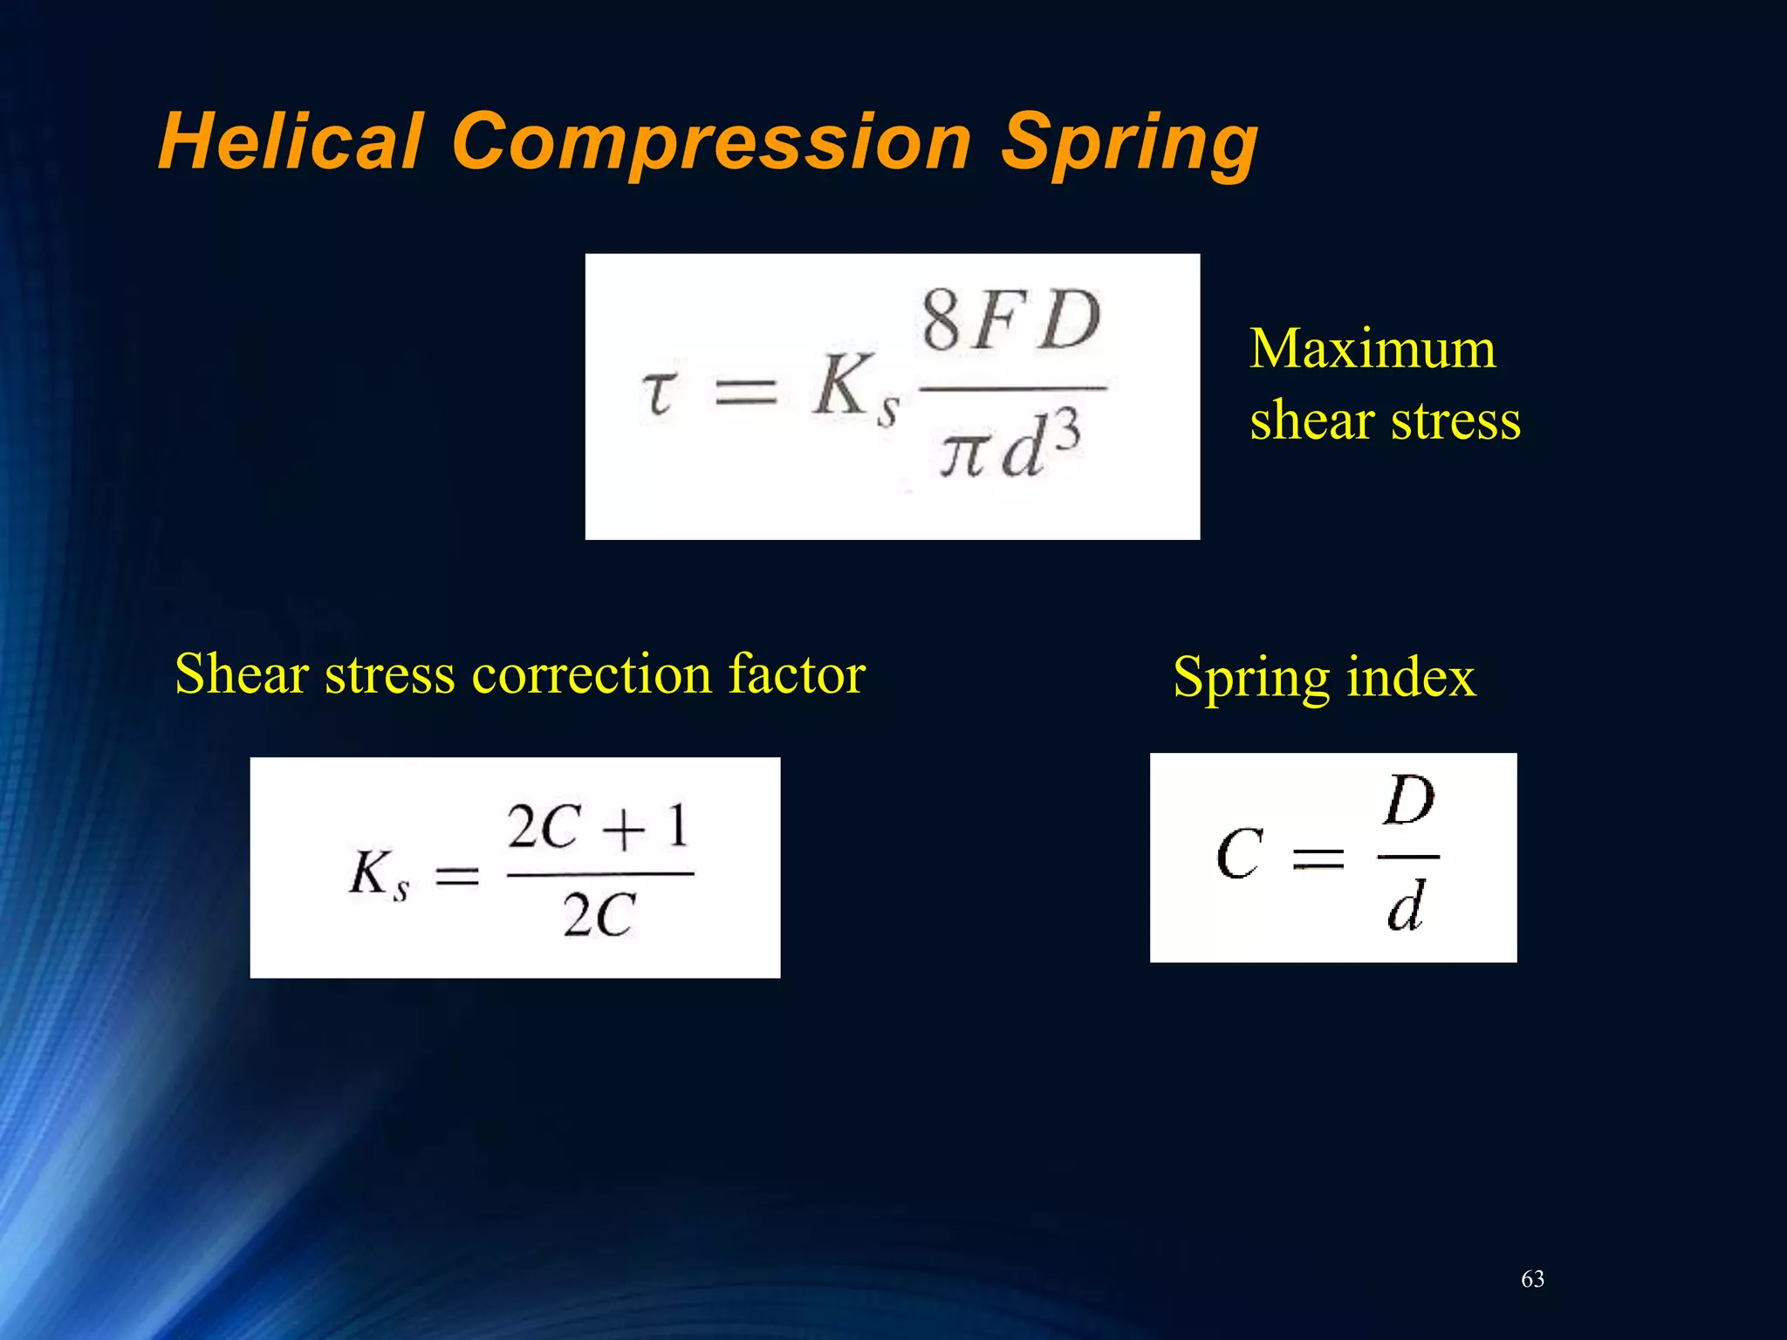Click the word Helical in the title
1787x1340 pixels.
(x=291, y=141)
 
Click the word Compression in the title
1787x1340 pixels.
(x=711, y=141)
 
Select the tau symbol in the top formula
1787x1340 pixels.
(x=659, y=392)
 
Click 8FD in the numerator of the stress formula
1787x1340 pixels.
(x=1011, y=321)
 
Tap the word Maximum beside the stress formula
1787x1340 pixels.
(x=1373, y=349)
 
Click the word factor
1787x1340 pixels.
(x=797, y=674)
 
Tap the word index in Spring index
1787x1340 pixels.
(x=1410, y=677)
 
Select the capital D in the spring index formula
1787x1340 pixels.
(x=1408, y=801)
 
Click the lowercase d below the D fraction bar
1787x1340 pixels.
(x=1405, y=906)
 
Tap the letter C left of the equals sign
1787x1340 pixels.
(x=1239, y=854)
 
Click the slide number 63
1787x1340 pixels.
(x=1532, y=1279)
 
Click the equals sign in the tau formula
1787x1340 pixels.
(x=746, y=392)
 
